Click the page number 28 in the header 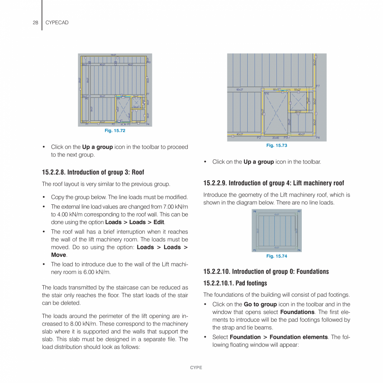point(35,22)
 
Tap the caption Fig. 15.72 point(115,131)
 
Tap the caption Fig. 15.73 point(276,146)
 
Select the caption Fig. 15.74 point(276,256)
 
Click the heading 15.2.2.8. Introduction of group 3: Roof point(93,172)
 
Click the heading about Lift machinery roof point(274,183)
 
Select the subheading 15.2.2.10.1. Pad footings point(235,284)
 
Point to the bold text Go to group point(260,304)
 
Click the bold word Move point(58,255)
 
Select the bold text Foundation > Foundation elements point(279,337)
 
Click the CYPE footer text point(196,368)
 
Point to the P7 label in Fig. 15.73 point(318,86)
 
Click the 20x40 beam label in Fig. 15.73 point(276,138)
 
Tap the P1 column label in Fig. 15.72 point(87,124)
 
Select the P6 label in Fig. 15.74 point(254,211)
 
